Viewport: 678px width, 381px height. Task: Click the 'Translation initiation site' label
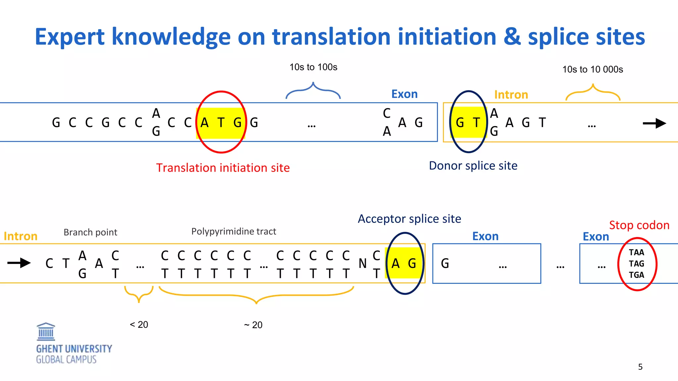[223, 168]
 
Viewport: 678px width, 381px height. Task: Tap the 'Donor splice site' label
[473, 166]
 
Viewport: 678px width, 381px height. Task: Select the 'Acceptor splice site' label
[409, 219]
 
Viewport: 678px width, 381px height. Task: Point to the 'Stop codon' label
[639, 225]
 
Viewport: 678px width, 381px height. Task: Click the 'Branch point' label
[90, 232]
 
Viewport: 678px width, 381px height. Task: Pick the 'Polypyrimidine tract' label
[233, 232]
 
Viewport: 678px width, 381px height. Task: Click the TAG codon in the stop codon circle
[636, 264]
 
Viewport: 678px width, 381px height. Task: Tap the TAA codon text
[636, 252]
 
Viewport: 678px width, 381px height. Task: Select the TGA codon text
[636, 275]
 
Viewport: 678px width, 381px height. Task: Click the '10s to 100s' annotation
[313, 67]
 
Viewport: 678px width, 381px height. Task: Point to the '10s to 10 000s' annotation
[593, 69]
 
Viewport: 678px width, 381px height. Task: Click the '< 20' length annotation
[139, 324]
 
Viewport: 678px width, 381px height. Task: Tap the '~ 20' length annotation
[253, 325]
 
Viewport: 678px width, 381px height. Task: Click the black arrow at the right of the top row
[654, 123]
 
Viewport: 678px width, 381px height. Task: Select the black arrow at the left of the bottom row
[19, 263]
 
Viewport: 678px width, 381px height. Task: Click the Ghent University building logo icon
[46, 332]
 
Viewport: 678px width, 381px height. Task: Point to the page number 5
[640, 367]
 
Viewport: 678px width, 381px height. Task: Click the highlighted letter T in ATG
[221, 123]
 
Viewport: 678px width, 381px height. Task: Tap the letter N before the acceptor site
[363, 264]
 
